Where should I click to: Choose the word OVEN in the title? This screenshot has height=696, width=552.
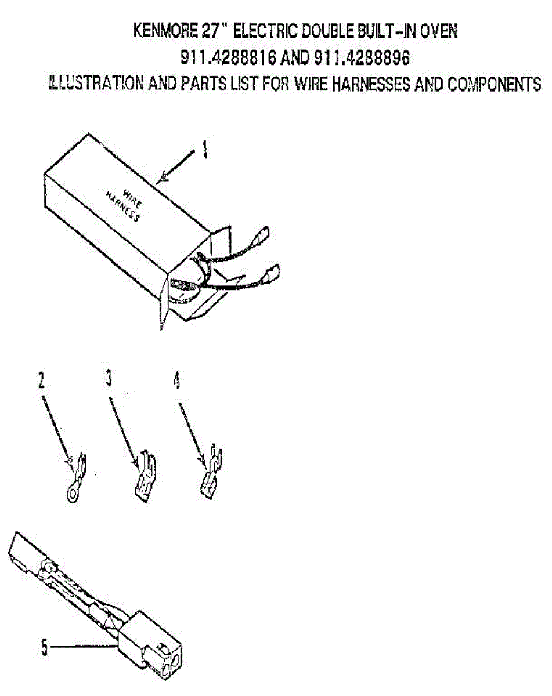pos(438,31)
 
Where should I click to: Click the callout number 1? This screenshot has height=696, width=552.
pos(204,152)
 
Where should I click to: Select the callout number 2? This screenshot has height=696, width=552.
pos(41,380)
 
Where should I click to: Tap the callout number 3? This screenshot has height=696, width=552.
pos(109,380)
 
